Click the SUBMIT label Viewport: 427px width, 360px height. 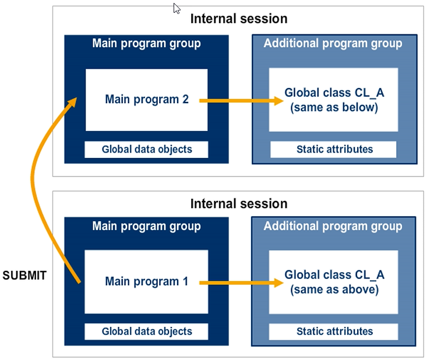(x=24, y=276)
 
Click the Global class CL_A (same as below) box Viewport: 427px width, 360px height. (x=334, y=100)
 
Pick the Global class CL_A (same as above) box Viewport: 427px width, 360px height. (x=334, y=282)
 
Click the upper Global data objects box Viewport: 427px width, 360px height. (x=146, y=149)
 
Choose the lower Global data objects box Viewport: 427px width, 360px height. (x=146, y=331)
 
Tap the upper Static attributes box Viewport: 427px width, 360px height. (x=334, y=149)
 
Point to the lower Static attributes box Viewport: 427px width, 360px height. (x=334, y=331)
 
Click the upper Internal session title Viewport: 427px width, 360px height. (x=239, y=19)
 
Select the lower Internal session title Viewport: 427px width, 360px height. (x=239, y=204)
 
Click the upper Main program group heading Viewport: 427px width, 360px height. (x=146, y=44)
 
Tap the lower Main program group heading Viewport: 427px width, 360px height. (x=146, y=226)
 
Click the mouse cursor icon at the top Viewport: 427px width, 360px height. (x=177, y=8)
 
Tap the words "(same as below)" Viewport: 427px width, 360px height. (x=334, y=107)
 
